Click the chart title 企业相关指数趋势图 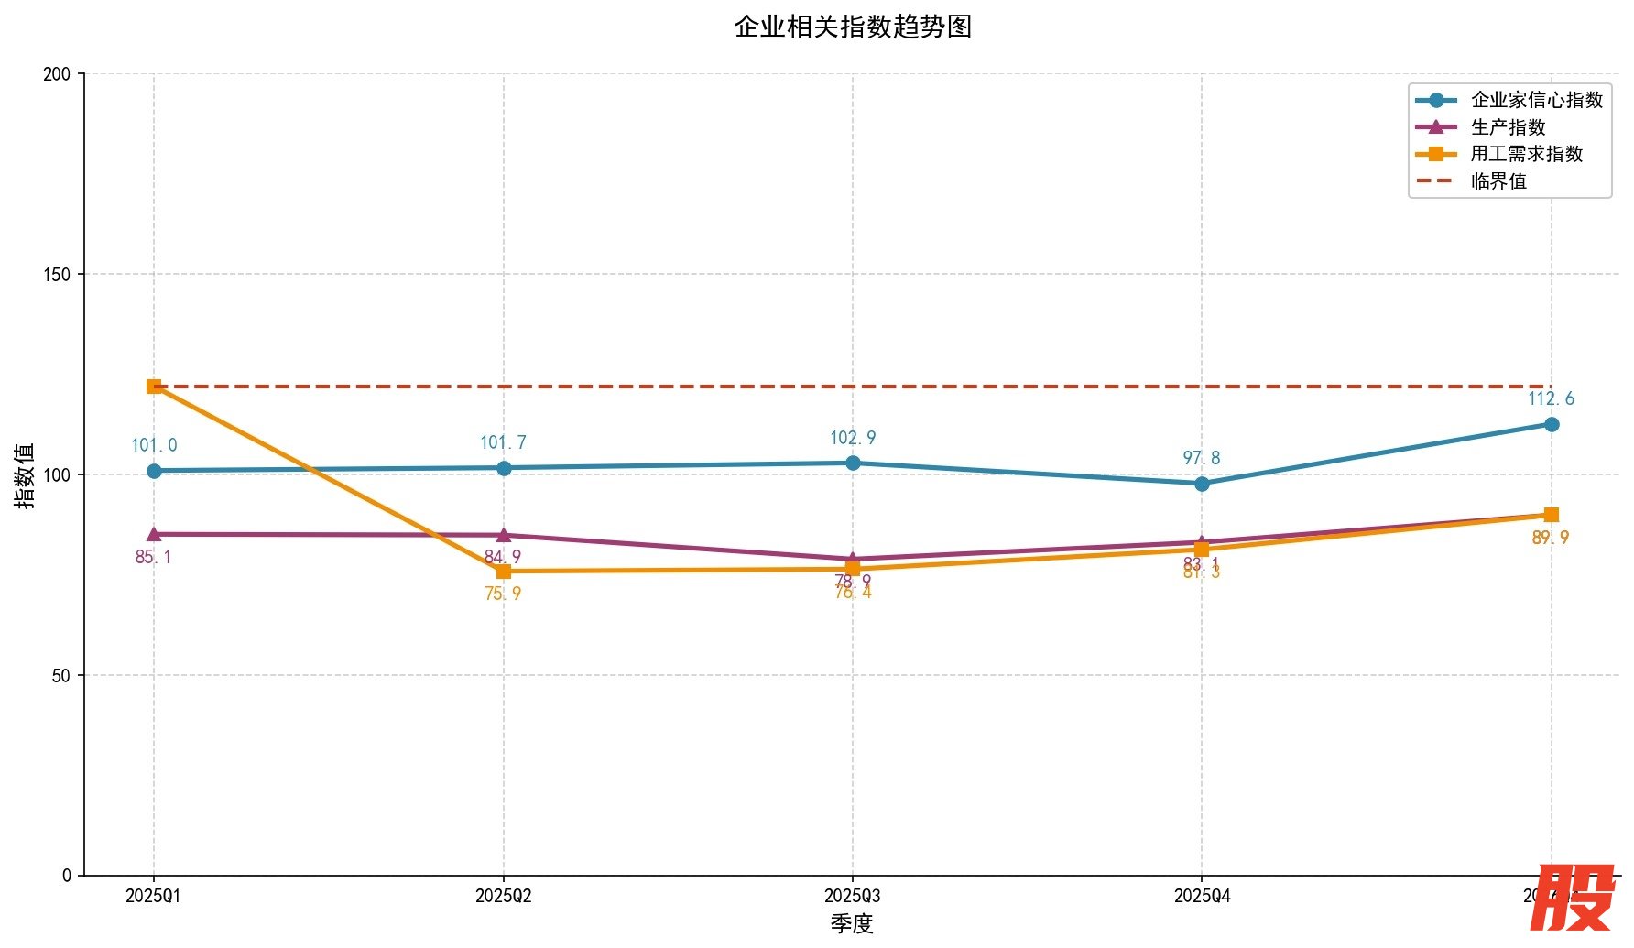click(x=852, y=27)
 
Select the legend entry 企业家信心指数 click(x=1536, y=100)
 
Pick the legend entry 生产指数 click(x=1508, y=127)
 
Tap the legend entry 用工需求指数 click(x=1526, y=154)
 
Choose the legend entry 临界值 click(x=1498, y=181)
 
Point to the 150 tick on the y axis click(x=57, y=274)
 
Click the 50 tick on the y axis click(x=60, y=675)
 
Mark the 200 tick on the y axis click(x=57, y=73)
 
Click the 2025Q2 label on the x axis click(x=503, y=896)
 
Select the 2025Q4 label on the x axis click(x=1202, y=896)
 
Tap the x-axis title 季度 click(x=852, y=923)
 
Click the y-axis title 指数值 click(x=25, y=474)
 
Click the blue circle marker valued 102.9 click(x=853, y=463)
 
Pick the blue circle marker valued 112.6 click(x=1552, y=424)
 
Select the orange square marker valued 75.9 click(x=503, y=572)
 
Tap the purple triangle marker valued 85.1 click(x=154, y=534)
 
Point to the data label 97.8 click(x=1202, y=458)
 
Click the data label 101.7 click(x=503, y=442)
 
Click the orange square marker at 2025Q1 click(x=154, y=387)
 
